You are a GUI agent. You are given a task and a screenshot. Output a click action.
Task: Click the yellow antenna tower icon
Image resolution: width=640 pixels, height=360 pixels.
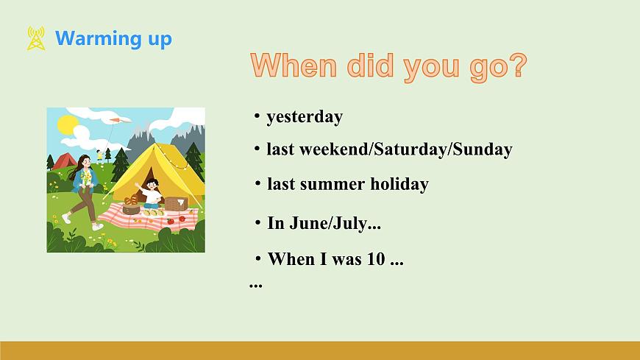point(36,38)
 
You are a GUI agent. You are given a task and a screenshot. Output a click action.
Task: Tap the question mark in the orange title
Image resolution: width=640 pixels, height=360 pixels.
point(519,65)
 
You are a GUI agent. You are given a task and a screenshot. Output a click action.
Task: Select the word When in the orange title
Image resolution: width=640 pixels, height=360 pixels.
point(294,65)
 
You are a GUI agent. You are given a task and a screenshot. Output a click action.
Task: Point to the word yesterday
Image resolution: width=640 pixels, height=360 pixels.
point(305,117)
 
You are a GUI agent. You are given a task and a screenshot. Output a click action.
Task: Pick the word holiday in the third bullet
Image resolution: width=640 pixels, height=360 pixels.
point(399,184)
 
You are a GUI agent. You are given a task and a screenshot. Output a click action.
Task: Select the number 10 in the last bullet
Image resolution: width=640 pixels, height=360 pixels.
point(376,259)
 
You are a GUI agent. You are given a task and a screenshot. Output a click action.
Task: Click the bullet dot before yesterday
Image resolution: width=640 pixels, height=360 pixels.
point(257,116)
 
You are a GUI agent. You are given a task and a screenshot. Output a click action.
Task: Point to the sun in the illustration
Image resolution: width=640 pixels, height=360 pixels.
point(68,124)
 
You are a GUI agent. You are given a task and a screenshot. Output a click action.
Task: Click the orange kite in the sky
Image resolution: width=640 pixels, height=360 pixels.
point(121,120)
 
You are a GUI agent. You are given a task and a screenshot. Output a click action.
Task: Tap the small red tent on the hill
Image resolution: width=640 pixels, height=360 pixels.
point(64,161)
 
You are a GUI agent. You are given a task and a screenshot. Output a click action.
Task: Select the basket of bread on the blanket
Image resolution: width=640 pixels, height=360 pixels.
point(131,205)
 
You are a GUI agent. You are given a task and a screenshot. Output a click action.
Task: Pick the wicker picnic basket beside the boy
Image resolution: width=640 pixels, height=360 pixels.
point(177,203)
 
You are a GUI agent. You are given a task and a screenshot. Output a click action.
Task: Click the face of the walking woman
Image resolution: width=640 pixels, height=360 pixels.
point(86,162)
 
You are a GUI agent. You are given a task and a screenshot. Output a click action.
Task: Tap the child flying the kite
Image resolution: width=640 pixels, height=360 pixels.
point(99,157)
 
